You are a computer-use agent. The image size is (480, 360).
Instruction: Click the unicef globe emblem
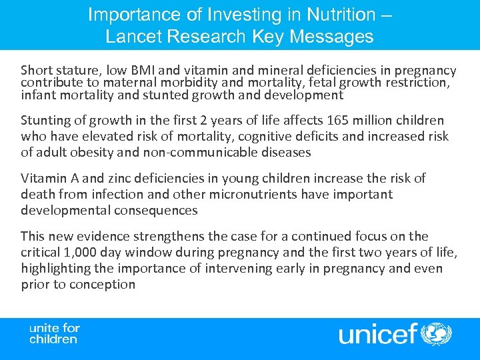tap(437, 333)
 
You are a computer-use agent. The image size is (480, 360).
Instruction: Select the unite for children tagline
tap(55, 333)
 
